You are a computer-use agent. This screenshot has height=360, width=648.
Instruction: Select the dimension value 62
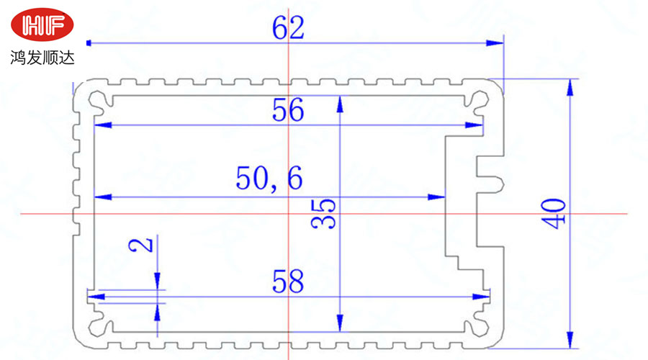click(x=288, y=28)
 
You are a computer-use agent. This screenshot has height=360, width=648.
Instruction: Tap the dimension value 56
click(x=288, y=110)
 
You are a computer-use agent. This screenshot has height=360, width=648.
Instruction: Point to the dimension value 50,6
click(x=269, y=178)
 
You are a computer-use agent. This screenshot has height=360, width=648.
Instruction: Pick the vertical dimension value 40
click(x=557, y=214)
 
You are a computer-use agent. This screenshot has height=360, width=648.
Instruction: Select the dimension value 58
click(x=288, y=281)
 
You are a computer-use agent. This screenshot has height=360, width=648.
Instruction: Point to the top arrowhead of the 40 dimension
click(x=570, y=86)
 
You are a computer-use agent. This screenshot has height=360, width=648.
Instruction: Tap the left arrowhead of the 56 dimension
click(x=100, y=125)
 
